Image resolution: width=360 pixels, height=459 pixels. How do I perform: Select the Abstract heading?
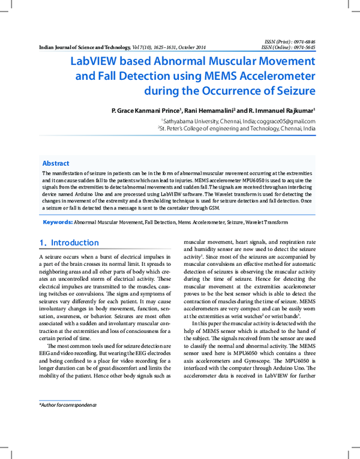coord(55,163)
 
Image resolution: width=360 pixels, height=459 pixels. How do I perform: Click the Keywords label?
coord(58,222)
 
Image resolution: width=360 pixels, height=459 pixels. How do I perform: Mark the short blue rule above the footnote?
coord(59,400)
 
